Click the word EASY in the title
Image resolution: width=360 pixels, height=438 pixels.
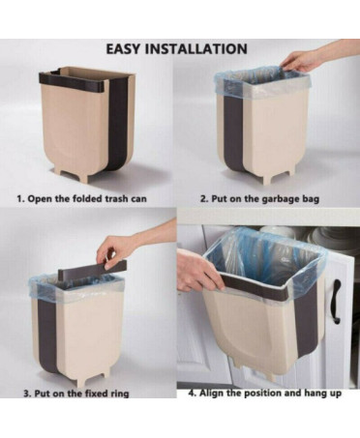[123, 49]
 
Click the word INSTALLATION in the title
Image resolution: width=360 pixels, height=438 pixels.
[195, 49]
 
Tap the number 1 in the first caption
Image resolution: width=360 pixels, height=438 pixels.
[20, 198]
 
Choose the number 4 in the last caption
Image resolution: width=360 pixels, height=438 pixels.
[193, 394]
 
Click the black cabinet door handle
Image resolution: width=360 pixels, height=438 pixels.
[337, 302]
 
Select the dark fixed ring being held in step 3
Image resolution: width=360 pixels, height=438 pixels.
[92, 270]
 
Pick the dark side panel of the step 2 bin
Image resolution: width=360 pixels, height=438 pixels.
[233, 135]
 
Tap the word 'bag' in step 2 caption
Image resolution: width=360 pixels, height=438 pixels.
[311, 199]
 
